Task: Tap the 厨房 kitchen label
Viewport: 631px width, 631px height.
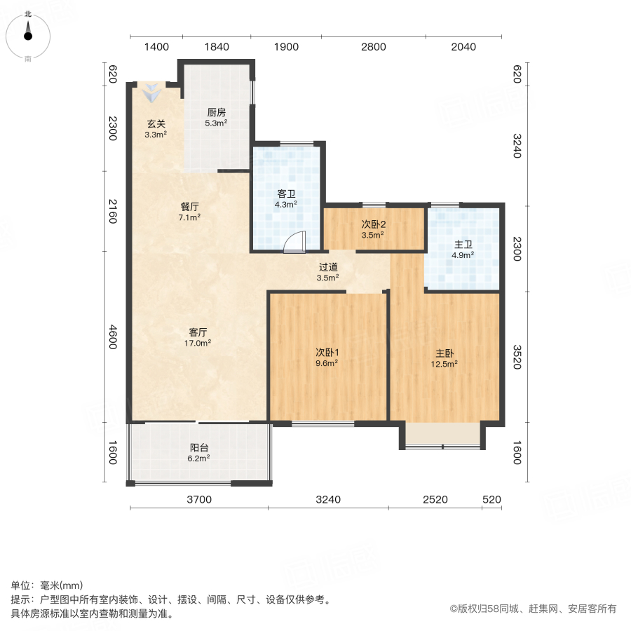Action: [x=216, y=117]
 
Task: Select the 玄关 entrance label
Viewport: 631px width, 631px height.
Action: [x=156, y=129]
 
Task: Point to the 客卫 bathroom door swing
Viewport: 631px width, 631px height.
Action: [x=295, y=241]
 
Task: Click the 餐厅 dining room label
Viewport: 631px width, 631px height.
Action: [x=190, y=212]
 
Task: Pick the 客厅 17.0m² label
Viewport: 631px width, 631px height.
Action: [x=198, y=338]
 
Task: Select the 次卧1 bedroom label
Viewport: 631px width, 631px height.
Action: [x=327, y=358]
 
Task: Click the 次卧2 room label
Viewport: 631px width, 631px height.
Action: [x=373, y=230]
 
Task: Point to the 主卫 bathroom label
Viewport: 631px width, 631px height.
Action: [x=463, y=250]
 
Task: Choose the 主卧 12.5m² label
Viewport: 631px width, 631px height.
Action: [x=445, y=358]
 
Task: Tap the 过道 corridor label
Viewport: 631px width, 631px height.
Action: [x=328, y=272]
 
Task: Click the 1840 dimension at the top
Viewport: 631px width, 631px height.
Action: [x=217, y=47]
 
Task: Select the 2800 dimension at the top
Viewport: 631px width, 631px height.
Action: [x=374, y=47]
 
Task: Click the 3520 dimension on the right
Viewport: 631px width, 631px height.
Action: [x=517, y=356]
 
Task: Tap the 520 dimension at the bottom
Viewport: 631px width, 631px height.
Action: [x=492, y=500]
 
